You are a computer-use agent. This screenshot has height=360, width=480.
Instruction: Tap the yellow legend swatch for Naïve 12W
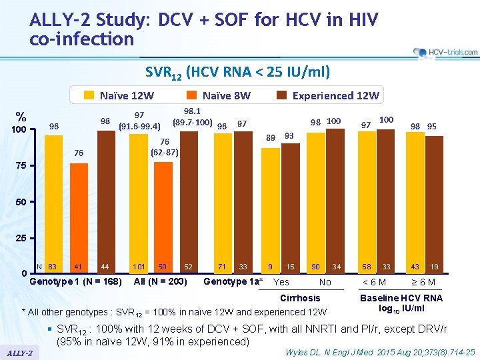coord(89,95)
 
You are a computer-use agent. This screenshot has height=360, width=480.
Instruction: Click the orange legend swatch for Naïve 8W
coord(191,95)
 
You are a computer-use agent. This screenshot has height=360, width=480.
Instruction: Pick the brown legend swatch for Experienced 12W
coord(281,95)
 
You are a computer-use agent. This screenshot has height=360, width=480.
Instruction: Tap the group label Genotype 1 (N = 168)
coord(76,281)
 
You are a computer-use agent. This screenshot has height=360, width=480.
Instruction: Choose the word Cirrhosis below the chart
coord(300,298)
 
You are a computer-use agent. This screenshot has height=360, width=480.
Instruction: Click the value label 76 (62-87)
coord(164,147)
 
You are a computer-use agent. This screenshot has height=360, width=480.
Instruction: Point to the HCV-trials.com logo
coord(445,52)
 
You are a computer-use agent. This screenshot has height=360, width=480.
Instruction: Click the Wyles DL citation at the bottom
coord(380,351)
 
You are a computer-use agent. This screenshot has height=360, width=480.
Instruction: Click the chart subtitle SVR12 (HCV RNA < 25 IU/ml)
coord(237,71)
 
